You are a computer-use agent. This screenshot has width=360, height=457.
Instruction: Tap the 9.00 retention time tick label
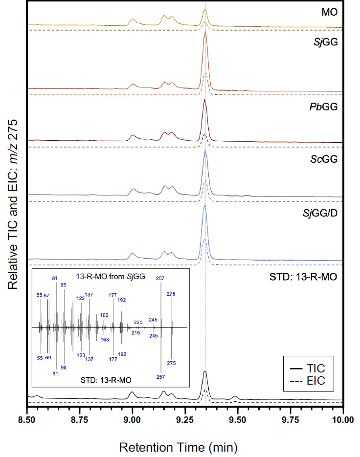132,419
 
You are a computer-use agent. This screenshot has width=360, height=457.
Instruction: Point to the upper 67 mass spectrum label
46,296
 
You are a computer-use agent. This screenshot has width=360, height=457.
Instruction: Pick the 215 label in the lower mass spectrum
136,333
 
